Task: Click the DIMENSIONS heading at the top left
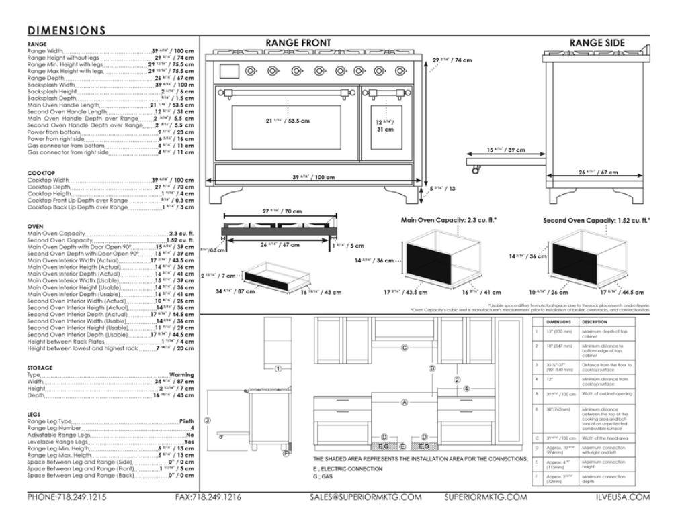coord(67,30)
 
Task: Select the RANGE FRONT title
coord(298,43)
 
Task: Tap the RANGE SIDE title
coord(597,43)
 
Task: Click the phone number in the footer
coord(67,497)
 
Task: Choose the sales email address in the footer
coord(365,497)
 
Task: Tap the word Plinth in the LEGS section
coord(186,421)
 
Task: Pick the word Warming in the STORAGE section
coord(181,375)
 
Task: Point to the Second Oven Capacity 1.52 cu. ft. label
coord(597,219)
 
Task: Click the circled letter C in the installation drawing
coord(404,347)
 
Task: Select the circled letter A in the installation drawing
coord(404,403)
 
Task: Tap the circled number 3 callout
coord(208,421)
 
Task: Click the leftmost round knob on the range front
coord(251,70)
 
